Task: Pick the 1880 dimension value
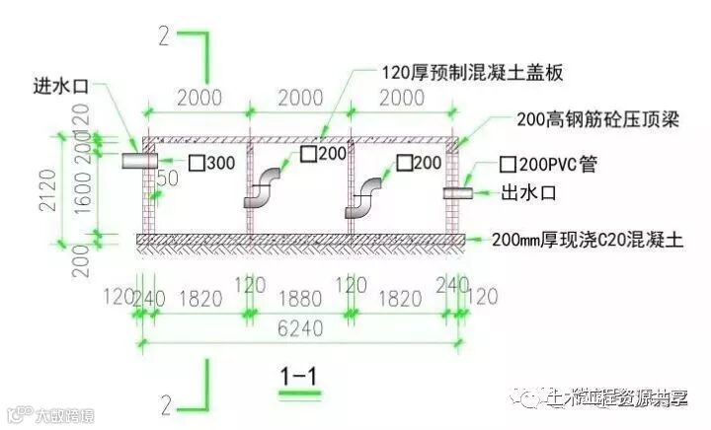(300, 295)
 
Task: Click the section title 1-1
(298, 376)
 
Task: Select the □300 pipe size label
(212, 162)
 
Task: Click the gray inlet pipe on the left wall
(139, 161)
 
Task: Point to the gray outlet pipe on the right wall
(457, 193)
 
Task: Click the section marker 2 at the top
(164, 36)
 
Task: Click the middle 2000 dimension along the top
(300, 97)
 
